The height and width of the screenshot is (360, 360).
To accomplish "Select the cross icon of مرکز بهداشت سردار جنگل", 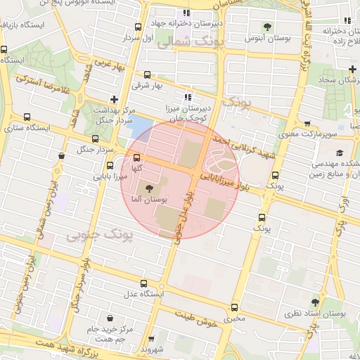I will click(114, 99).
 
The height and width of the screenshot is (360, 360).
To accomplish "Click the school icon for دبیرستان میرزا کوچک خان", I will click(187, 97).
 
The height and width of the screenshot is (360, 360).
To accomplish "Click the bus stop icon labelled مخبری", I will click(234, 307).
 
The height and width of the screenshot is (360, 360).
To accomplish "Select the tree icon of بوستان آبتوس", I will click(266, 27).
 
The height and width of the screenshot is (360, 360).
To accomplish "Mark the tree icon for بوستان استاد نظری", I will click(314, 302).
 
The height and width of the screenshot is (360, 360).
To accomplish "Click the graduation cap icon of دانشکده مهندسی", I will click(340, 153).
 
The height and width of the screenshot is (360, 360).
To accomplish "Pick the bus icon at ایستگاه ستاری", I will click(27, 117).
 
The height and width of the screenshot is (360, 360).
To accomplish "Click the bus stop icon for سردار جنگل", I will click(96, 138).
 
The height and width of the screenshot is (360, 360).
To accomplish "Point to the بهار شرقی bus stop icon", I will click(147, 75).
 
